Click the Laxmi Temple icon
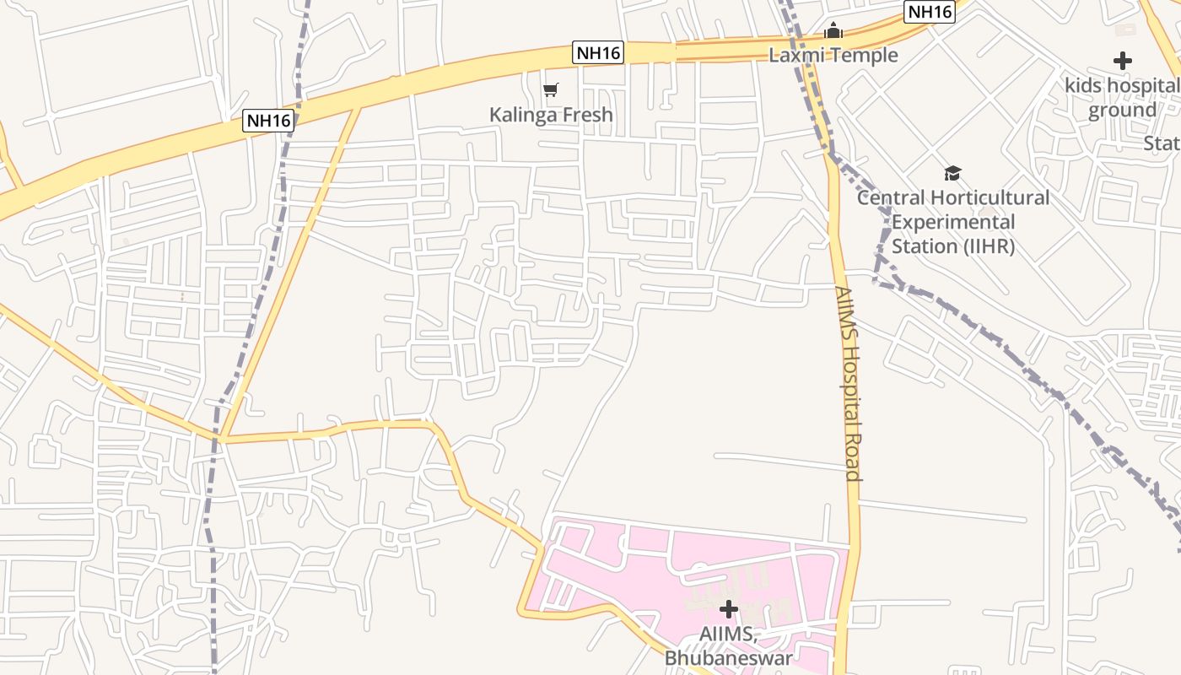pyautogui.click(x=833, y=32)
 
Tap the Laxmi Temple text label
pyautogui.click(x=833, y=56)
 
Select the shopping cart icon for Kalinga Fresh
pyautogui.click(x=551, y=89)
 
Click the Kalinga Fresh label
pyautogui.click(x=551, y=115)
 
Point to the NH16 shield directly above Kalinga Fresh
pyautogui.click(x=598, y=52)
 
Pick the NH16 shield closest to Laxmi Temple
pyautogui.click(x=929, y=12)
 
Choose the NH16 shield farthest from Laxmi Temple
pyautogui.click(x=268, y=121)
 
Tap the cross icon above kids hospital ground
pyautogui.click(x=1122, y=61)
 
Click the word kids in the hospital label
pyautogui.click(x=1083, y=86)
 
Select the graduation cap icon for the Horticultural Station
pyautogui.click(x=952, y=173)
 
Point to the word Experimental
pyautogui.click(x=953, y=223)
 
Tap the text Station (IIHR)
pyautogui.click(x=953, y=247)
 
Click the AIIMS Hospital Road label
pyautogui.click(x=848, y=384)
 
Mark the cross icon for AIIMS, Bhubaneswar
pyautogui.click(x=728, y=609)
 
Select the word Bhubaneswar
pyautogui.click(x=728, y=658)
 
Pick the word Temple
pyautogui.click(x=864, y=56)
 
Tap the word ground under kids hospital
pyautogui.click(x=1122, y=111)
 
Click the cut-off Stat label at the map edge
pyautogui.click(x=1162, y=143)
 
